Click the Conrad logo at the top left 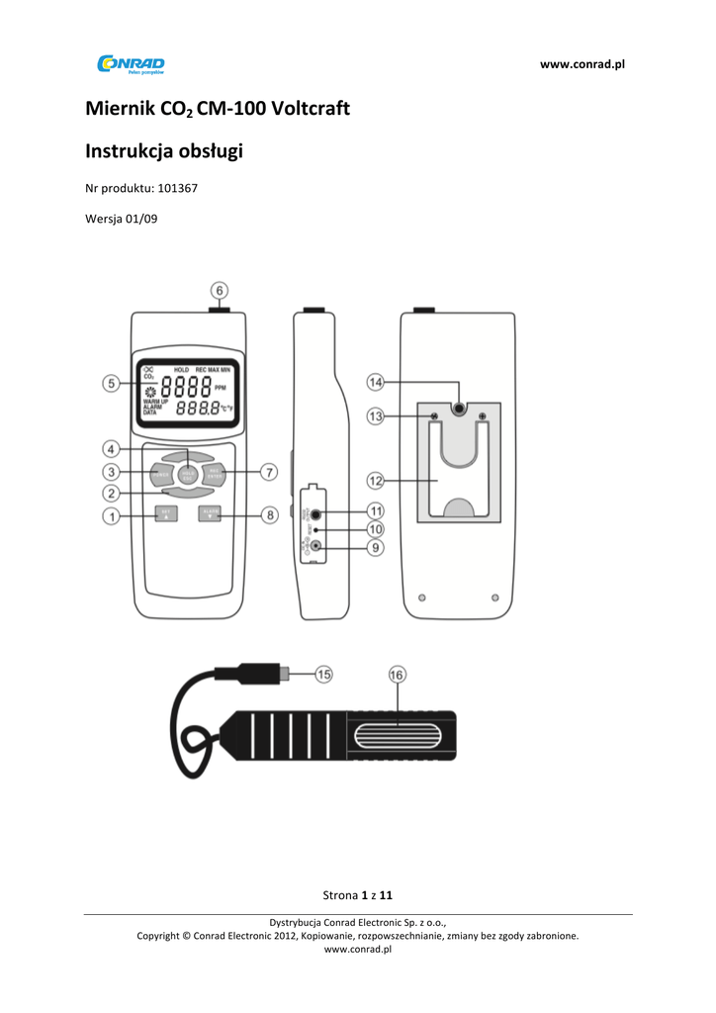click(x=131, y=65)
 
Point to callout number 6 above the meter click(x=221, y=290)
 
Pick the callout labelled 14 click(x=375, y=381)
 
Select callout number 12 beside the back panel click(x=375, y=480)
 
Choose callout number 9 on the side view click(x=375, y=547)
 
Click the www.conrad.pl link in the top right click(x=582, y=64)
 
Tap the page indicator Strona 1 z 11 click(x=358, y=895)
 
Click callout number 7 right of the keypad click(x=270, y=472)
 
